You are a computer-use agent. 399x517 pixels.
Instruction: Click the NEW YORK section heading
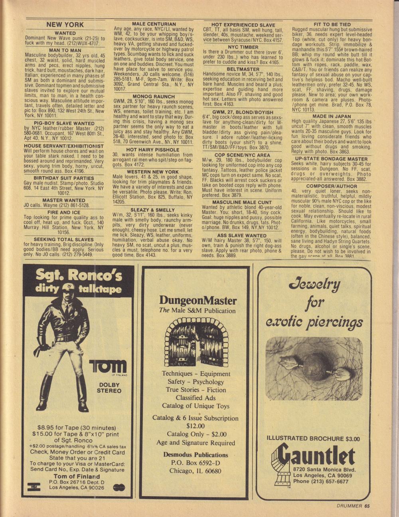[x=65, y=25]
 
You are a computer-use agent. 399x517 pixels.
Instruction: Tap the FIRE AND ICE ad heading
[x=64, y=212]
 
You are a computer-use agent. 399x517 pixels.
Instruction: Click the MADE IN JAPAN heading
[x=332, y=116]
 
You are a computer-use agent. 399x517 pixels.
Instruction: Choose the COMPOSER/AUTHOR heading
[x=332, y=186]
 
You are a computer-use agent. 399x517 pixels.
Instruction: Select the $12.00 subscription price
[x=196, y=426]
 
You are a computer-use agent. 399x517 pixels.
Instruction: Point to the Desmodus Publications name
[x=196, y=455]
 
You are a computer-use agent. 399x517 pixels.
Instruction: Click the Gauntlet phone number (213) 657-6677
[x=320, y=482]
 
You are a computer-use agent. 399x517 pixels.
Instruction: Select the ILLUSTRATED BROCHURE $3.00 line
[x=313, y=438]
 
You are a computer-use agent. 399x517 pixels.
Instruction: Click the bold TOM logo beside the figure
[x=108, y=366]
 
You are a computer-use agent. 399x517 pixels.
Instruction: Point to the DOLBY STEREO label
[x=109, y=388]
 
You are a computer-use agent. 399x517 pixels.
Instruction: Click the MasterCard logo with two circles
[x=119, y=487]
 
